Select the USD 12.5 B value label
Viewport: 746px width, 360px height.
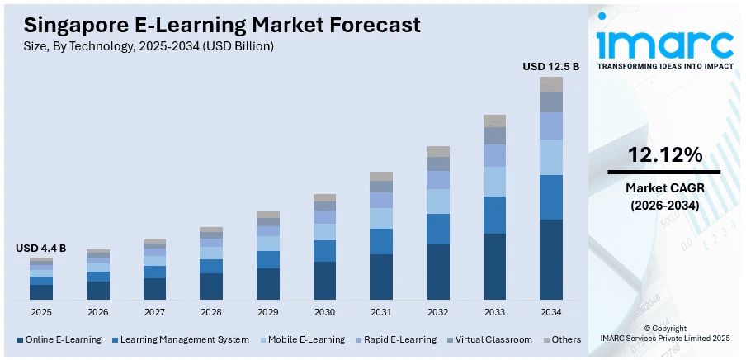(550, 65)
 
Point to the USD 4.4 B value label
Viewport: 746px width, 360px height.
(40, 248)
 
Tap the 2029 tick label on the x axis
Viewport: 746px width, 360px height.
(268, 312)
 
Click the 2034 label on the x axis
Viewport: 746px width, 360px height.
(550, 312)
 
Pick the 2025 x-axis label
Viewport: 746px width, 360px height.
(41, 312)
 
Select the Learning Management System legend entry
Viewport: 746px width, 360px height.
(184, 339)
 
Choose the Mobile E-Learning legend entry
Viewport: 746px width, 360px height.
(305, 339)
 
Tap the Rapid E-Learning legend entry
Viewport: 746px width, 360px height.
(402, 339)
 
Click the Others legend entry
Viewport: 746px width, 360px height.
(565, 339)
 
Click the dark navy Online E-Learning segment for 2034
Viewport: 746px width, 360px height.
(550, 259)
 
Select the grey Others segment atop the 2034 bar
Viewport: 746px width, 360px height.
(550, 84)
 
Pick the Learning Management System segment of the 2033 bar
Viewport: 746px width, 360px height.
(494, 215)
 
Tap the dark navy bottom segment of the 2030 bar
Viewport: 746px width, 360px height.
(325, 280)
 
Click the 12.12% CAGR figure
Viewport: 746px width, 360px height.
(664, 154)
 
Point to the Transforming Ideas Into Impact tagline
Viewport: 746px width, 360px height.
(664, 66)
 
